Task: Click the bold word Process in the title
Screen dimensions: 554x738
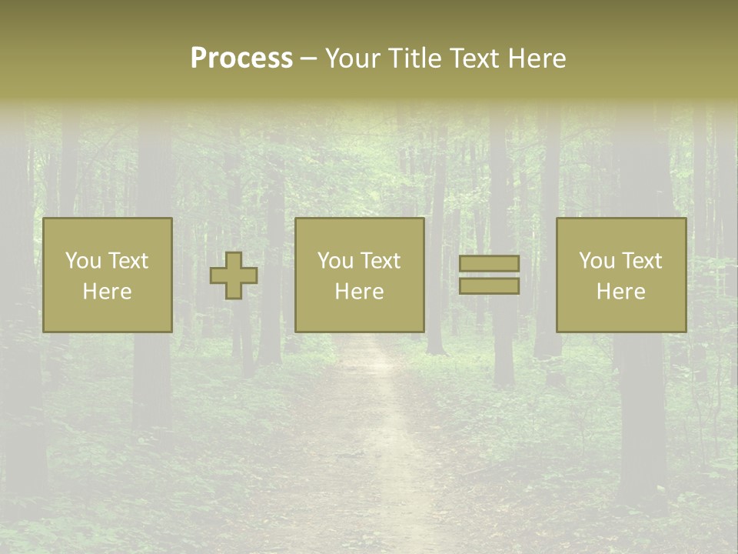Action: [241, 58]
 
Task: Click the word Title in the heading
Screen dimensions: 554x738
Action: [414, 58]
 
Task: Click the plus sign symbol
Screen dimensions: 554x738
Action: [234, 275]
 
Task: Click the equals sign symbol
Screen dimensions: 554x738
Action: [489, 275]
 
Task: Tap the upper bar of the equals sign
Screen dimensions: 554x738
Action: [489, 264]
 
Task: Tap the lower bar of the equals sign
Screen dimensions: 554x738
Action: [489, 285]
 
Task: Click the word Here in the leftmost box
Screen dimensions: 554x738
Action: [107, 292]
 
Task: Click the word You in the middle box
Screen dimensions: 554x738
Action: [335, 261]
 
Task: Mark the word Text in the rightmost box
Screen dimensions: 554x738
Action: [641, 261]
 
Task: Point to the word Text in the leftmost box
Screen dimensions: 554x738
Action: [128, 261]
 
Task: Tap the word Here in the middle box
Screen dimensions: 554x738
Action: [359, 292]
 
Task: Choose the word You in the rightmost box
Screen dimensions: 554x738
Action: [597, 261]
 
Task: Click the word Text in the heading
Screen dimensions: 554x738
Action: [476, 58]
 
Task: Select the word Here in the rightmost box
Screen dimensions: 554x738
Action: [620, 292]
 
